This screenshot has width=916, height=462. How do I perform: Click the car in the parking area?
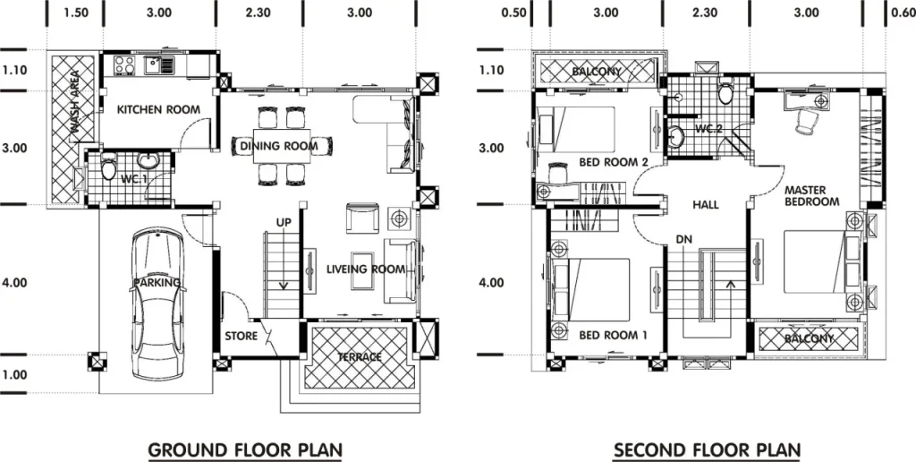[157, 304]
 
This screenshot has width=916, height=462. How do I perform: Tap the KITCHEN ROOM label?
[158, 109]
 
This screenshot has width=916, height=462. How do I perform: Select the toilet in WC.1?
[108, 167]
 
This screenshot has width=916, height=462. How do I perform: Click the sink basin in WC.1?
[147, 160]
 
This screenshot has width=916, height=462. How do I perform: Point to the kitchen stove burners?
[123, 64]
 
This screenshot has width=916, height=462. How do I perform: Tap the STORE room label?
[242, 337]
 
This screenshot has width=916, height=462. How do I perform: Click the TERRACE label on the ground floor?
[360, 356]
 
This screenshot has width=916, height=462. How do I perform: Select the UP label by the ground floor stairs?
[284, 223]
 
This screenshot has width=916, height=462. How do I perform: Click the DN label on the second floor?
[684, 239]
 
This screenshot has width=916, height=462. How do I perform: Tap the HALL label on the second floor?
[706, 205]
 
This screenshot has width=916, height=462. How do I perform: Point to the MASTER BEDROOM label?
[812, 196]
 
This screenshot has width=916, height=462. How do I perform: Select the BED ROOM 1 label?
[613, 336]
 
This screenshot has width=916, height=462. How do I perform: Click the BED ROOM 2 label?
[614, 162]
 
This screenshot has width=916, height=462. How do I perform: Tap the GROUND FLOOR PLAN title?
[245, 450]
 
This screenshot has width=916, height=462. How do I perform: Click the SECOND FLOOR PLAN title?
[707, 450]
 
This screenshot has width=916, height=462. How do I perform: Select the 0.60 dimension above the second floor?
[903, 13]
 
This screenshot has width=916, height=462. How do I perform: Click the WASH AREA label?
[75, 106]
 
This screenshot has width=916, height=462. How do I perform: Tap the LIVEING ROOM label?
[366, 269]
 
